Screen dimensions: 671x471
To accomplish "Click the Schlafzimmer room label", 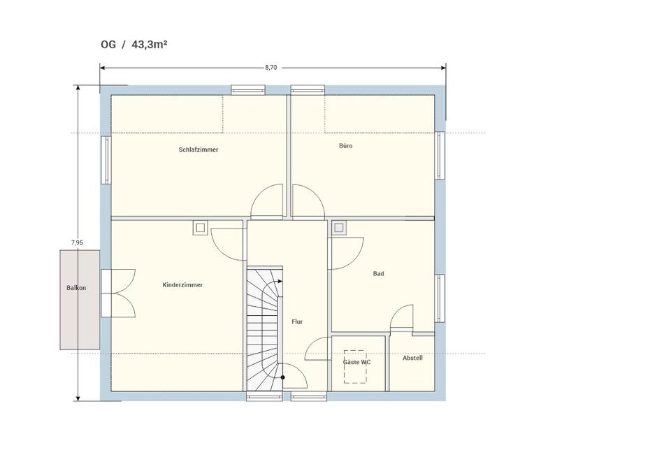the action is pos(199,150).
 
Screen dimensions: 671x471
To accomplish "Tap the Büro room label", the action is pos(346,146).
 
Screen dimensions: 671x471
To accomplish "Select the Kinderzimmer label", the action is pos(182,285).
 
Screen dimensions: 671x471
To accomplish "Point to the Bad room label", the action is pos(379,274).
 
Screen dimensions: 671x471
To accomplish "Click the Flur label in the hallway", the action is pos(298,321).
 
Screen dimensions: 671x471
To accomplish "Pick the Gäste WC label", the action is pos(357,362).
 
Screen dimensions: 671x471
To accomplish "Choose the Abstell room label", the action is pos(412,358).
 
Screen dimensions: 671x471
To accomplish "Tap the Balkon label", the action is pos(76,288).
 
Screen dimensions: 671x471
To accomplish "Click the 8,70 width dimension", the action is pos(271,67).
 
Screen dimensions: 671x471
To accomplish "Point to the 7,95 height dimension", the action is pos(77,242).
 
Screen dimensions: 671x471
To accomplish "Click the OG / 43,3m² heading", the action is pos(134,45).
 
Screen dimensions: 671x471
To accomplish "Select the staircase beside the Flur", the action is pos(264,328).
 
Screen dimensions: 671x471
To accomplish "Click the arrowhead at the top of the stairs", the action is pos(280,282).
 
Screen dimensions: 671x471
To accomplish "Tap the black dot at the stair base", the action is pos(282,377).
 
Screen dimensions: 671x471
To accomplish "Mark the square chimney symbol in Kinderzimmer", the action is pos(200,228).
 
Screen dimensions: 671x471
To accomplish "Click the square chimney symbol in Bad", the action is pos(340,228).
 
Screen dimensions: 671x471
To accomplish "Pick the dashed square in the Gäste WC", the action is pos(356,367).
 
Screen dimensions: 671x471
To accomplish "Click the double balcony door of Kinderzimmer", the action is pos(119,293).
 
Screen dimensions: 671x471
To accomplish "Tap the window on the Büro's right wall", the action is pos(440,155).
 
